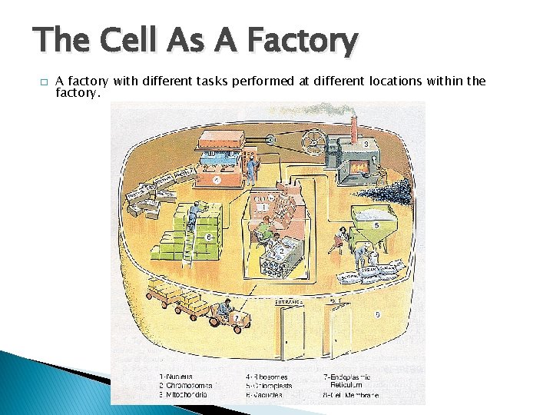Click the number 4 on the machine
pos(217,181)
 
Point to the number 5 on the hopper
pos(376,225)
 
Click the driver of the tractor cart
pos(224,310)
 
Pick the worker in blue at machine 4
pos(251,163)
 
